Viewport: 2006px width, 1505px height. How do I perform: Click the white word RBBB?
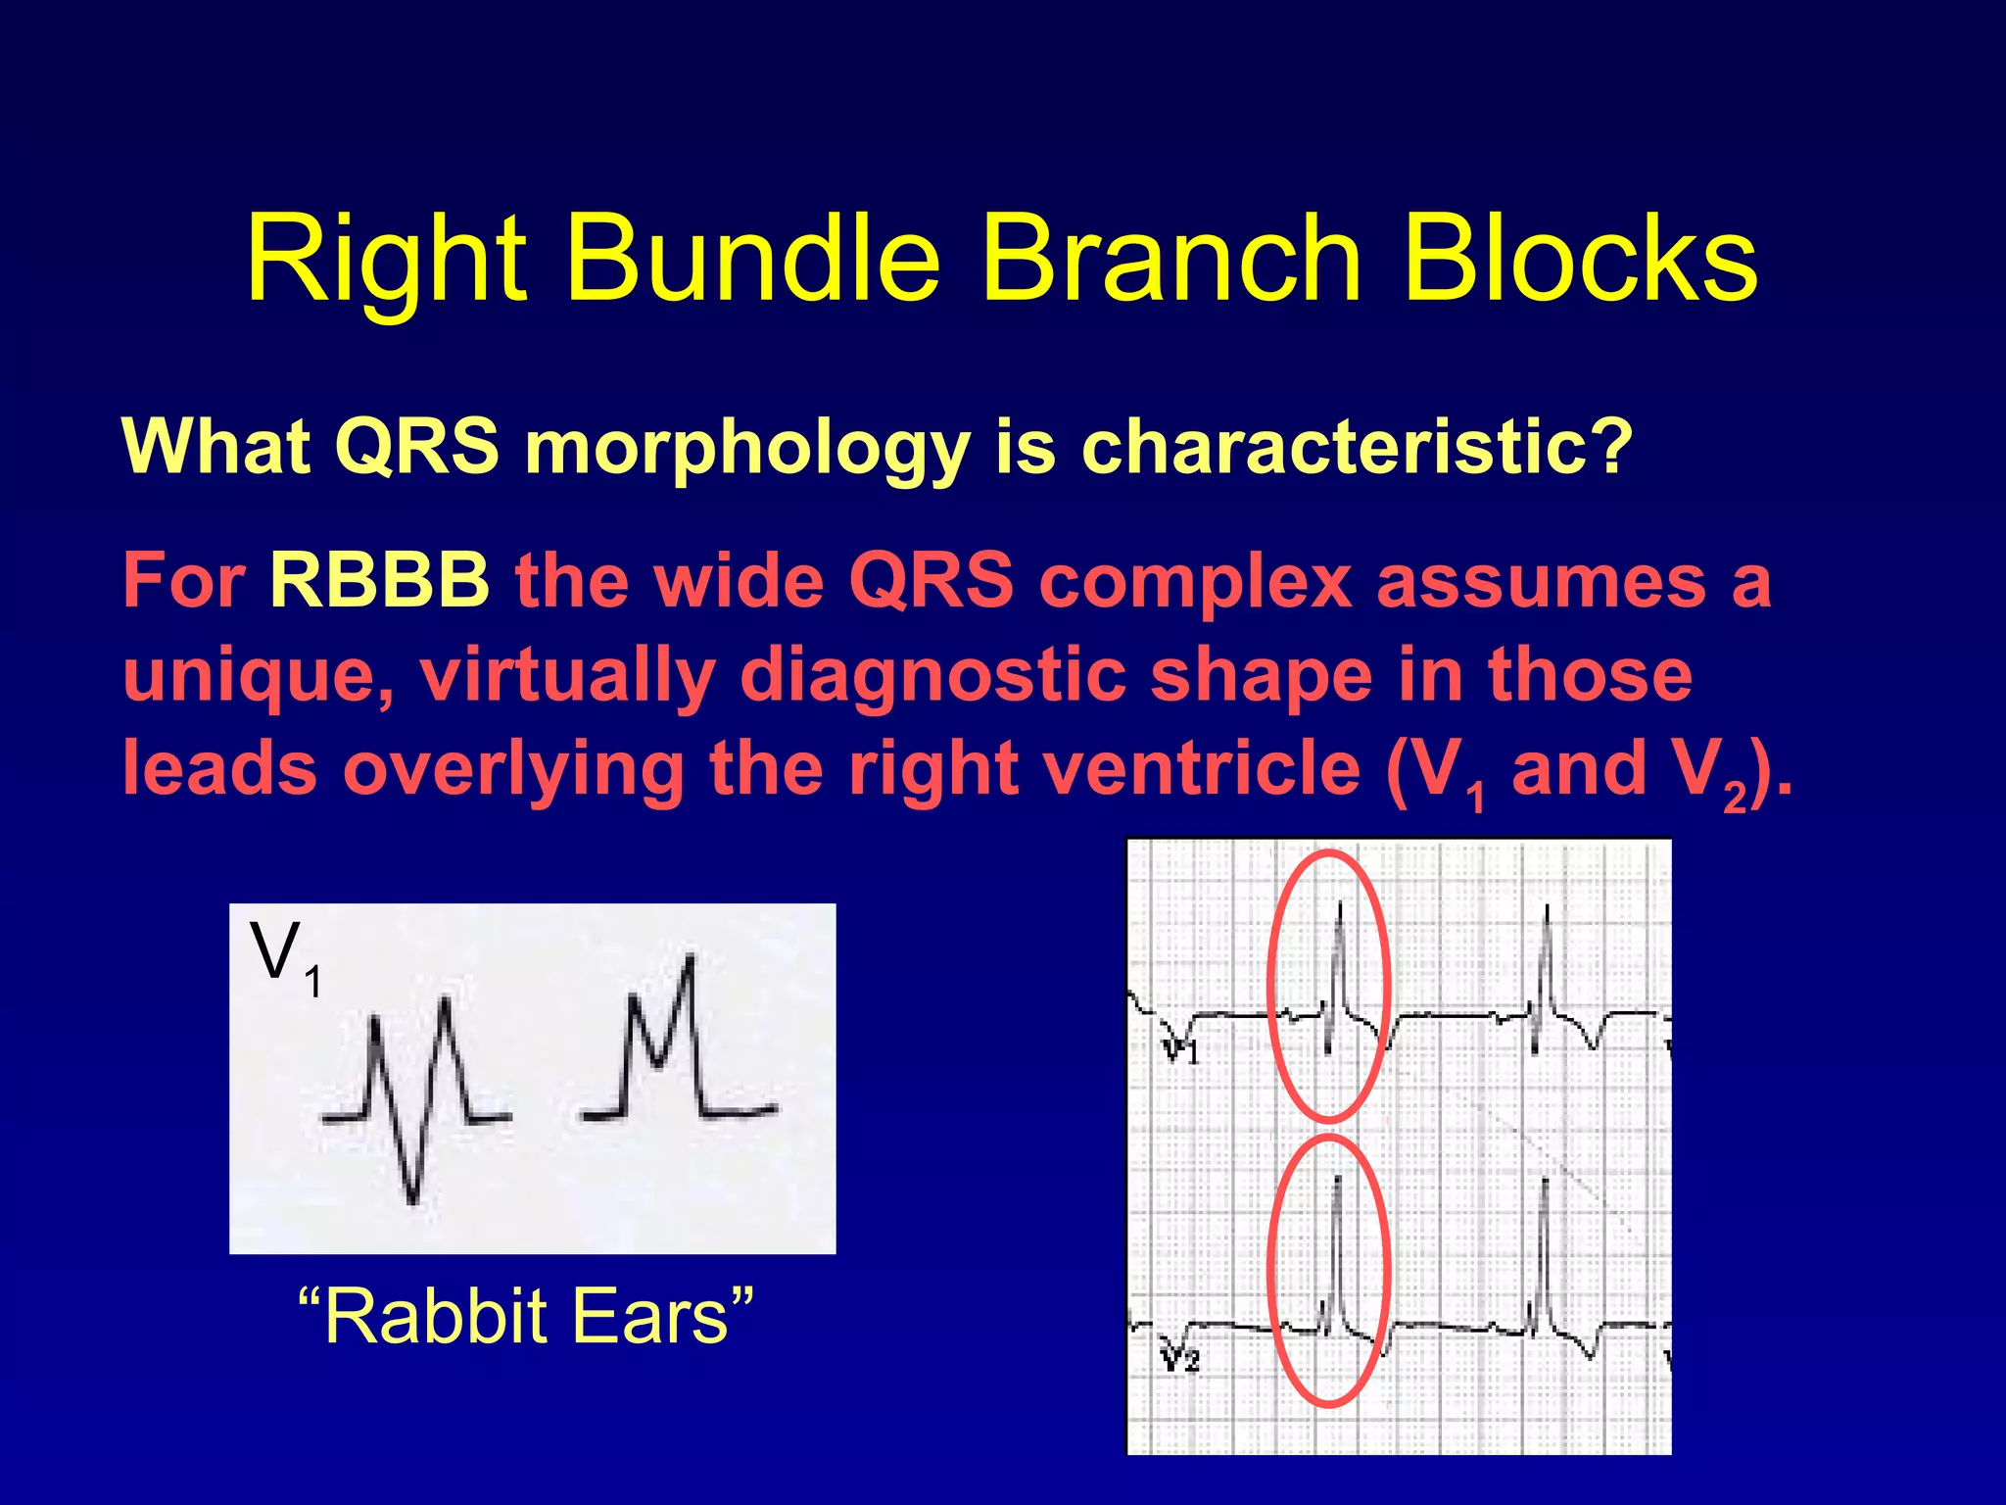(379, 580)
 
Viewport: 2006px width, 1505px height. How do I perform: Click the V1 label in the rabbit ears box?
(285, 955)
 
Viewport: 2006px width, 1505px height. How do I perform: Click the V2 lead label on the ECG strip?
(1180, 1360)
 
